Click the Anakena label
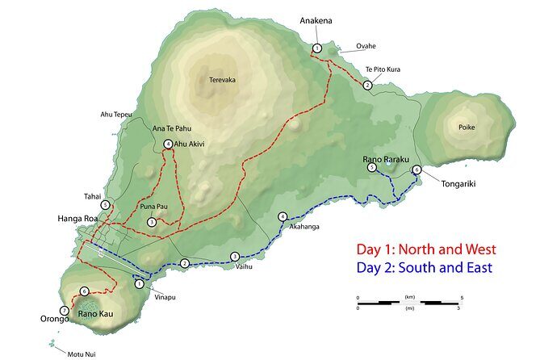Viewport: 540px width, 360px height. click(x=316, y=19)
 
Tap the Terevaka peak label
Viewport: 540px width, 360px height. click(x=222, y=80)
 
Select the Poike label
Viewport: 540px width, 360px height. click(x=467, y=127)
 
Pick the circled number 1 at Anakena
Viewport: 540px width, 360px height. click(x=317, y=49)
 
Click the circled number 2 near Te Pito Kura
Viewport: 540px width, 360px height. click(x=367, y=85)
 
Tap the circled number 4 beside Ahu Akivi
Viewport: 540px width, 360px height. click(x=168, y=144)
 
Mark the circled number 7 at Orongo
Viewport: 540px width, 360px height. click(x=64, y=310)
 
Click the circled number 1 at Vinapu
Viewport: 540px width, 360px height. click(x=139, y=283)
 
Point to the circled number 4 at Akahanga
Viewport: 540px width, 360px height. click(x=282, y=216)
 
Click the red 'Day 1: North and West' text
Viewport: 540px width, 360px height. click(x=426, y=249)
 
